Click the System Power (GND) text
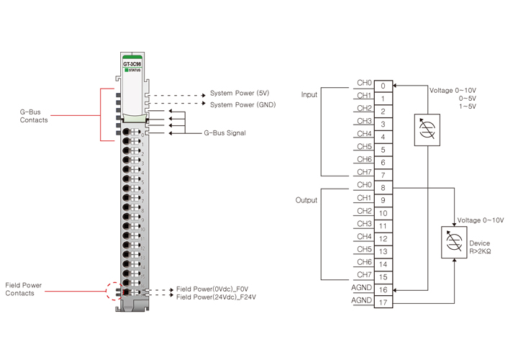tap(242, 105)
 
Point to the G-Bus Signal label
tap(225, 133)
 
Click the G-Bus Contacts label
tap(34, 115)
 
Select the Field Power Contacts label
tap(24, 289)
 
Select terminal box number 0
tap(383, 86)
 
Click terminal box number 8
tap(383, 188)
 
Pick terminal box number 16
tap(383, 290)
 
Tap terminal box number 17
tap(383, 302)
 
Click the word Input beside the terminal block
tap(309, 95)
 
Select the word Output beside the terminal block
tap(306, 200)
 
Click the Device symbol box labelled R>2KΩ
tap(454, 243)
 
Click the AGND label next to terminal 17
tap(361, 300)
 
